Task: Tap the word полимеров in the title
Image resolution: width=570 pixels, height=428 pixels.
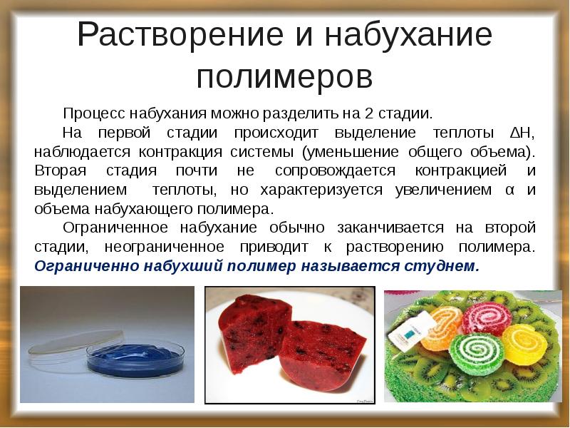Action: coord(284,76)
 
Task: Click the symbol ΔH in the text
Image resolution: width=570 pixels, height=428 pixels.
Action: coord(523,133)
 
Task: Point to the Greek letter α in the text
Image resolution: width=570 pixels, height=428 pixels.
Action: coord(509,190)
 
